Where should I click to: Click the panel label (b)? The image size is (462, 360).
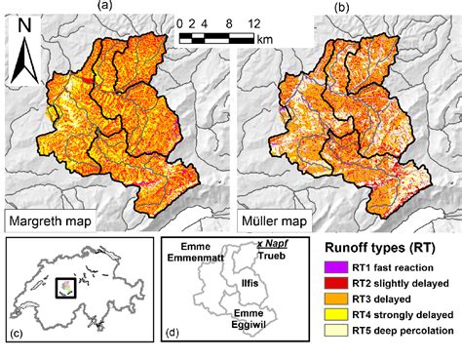(342, 7)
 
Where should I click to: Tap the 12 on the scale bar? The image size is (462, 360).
(253, 21)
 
